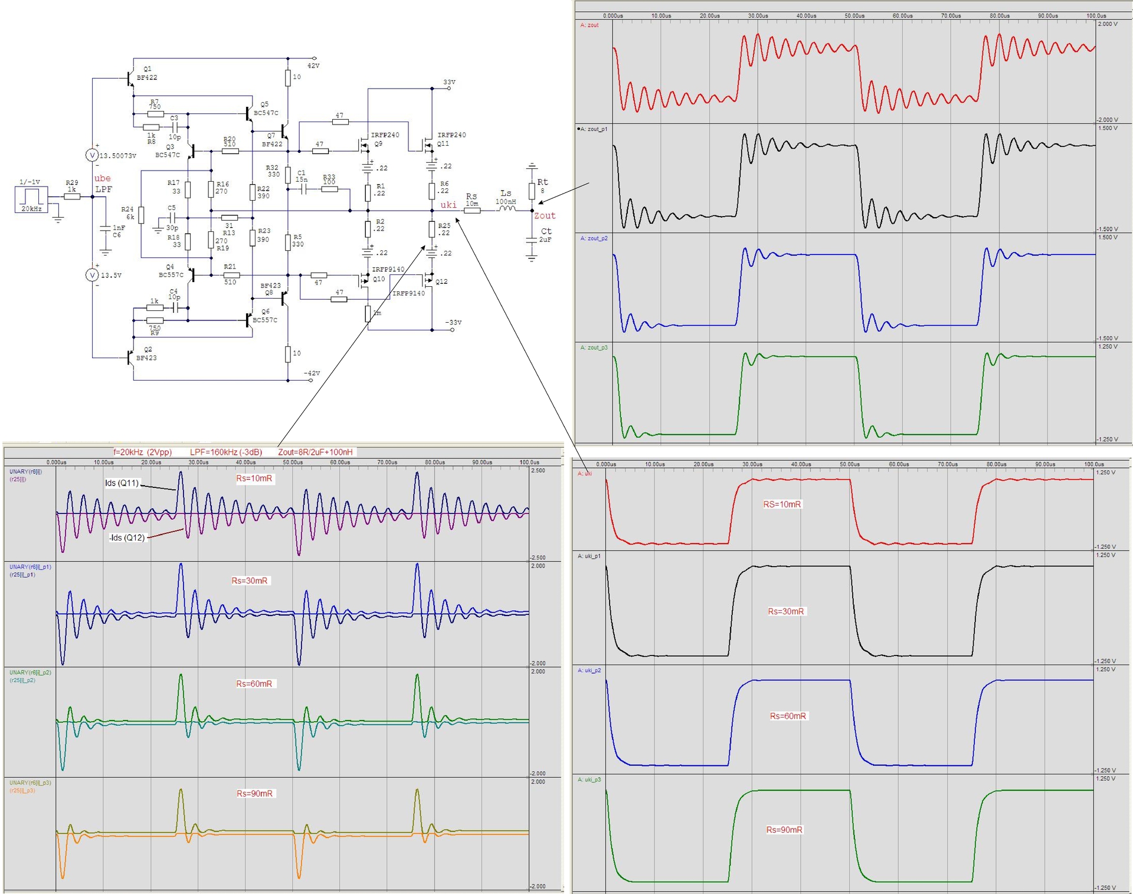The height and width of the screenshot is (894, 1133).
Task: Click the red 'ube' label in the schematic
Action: pyautogui.click(x=102, y=178)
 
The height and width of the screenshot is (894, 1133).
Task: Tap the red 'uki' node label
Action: pyautogui.click(x=448, y=205)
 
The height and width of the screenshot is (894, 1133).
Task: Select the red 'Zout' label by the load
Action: pyautogui.click(x=545, y=216)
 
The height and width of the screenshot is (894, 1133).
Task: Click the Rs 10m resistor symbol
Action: pyautogui.click(x=472, y=211)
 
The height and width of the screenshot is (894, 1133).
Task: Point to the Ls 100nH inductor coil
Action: pyautogui.click(x=506, y=208)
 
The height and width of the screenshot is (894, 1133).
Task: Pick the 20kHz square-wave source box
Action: pyautogui.click(x=31, y=199)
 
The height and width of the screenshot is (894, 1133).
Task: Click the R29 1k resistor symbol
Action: pyautogui.click(x=72, y=197)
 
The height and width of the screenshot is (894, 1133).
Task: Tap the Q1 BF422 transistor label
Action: pyautogui.click(x=147, y=73)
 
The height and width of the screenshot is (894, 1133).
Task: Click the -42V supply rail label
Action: pyautogui.click(x=312, y=374)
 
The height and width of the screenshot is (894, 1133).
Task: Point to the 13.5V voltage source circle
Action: pyautogui.click(x=92, y=275)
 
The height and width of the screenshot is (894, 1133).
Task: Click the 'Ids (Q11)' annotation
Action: pyautogui.click(x=122, y=483)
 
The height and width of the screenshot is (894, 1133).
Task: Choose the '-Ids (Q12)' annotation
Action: pyautogui.click(x=126, y=538)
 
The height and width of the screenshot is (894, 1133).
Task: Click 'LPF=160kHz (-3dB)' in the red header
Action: pyautogui.click(x=225, y=452)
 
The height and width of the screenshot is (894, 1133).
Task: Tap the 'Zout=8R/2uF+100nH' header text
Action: pyautogui.click(x=315, y=452)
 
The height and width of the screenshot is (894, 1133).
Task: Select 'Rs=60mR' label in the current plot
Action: pyautogui.click(x=254, y=684)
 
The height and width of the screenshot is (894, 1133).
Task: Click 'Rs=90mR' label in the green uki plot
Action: pyautogui.click(x=784, y=830)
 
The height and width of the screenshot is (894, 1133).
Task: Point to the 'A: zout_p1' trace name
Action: pyautogui.click(x=594, y=129)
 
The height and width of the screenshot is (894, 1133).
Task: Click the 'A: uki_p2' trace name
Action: pyautogui.click(x=590, y=670)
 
